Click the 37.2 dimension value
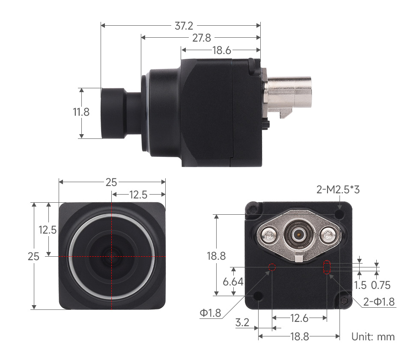point(184,26)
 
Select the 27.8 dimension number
point(201,38)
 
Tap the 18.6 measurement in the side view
point(222,51)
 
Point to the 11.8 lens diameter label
point(81,112)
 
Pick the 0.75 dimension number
point(381,285)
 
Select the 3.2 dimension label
point(242,322)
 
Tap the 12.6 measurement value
point(299,318)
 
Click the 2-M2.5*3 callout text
point(338,189)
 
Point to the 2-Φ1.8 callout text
point(379,302)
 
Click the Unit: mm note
point(373,336)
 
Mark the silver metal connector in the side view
point(289,95)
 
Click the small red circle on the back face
point(271,268)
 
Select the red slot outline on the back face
point(327,267)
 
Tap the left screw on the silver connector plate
point(268,234)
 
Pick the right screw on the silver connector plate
point(328,234)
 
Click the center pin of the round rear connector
point(298,234)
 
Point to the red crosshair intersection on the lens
point(112,256)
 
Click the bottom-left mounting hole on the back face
point(258,296)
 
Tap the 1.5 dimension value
point(360,285)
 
